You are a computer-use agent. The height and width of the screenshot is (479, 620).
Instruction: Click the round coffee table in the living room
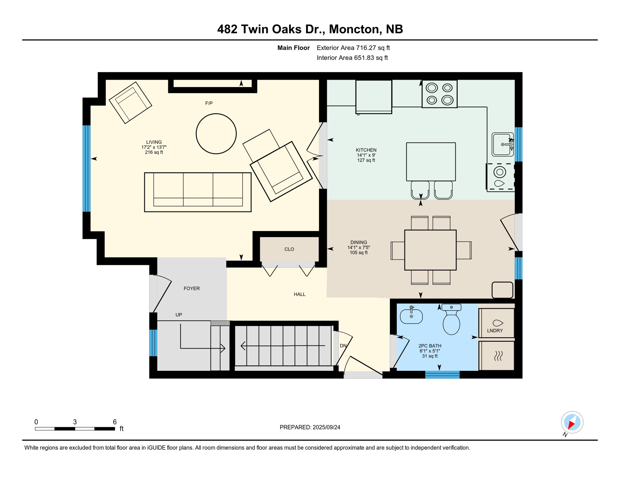pos(216,133)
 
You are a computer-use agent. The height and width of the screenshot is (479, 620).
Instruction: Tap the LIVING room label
pos(154,142)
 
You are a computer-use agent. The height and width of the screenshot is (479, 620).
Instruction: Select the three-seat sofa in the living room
pos(198,192)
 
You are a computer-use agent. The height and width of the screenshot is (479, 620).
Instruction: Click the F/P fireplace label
pos(209,103)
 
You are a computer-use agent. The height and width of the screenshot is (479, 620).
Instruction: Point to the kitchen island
pos(431,162)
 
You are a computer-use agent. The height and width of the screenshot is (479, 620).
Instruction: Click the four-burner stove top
pos(439,94)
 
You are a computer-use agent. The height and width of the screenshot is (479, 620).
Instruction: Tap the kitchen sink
pos(502,144)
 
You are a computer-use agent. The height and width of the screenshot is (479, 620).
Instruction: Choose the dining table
pos(430,250)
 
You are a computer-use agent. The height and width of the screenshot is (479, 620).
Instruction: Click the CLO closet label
pos(289,249)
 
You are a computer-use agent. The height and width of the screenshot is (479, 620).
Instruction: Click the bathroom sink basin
pos(411,317)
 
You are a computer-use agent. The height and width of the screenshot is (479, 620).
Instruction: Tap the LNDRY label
pos(495,331)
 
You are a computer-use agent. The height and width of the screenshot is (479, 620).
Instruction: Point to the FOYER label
pos(191,288)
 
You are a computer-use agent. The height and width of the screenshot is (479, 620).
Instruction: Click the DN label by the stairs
pos(343,346)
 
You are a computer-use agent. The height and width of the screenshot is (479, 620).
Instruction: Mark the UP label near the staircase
pos(179,315)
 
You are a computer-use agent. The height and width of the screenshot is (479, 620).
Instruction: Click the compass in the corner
pos(572,422)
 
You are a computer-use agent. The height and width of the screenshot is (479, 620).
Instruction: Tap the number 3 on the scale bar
pos(75,422)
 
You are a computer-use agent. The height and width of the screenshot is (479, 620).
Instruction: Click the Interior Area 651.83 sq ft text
pos(352,58)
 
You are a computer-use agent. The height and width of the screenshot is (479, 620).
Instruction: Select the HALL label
pos(299,294)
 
